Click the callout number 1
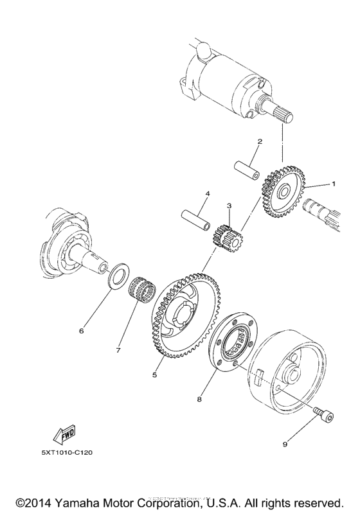coord(333,184)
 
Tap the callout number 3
coord(228,206)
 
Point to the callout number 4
coord(207,193)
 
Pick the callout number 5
coord(154,375)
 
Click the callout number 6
coord(82,331)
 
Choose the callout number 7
coord(119,351)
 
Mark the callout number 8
coord(201,399)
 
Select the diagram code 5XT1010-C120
coord(67,452)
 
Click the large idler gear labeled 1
coord(283,190)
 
